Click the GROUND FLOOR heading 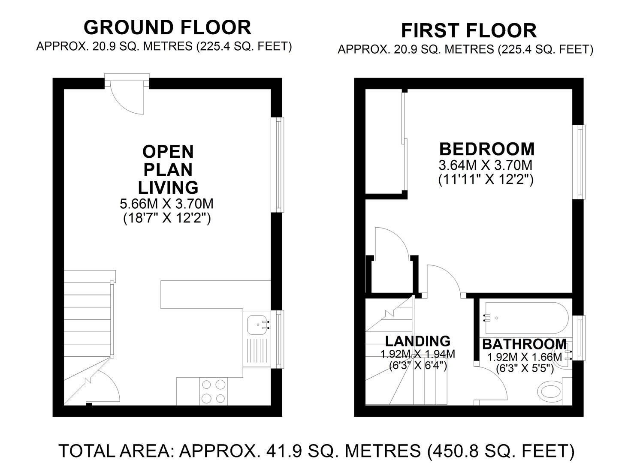(x=167, y=27)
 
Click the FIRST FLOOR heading (x=468, y=31)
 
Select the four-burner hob (x=214, y=391)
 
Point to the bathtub (x=526, y=318)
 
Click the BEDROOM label (x=487, y=149)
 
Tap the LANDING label (x=417, y=341)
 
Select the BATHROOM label (x=524, y=344)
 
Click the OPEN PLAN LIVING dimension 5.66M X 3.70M (x=167, y=204)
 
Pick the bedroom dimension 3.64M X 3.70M (x=485, y=165)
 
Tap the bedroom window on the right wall (x=580, y=162)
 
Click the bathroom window (x=580, y=338)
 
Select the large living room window (x=279, y=165)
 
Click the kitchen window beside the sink (x=279, y=339)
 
